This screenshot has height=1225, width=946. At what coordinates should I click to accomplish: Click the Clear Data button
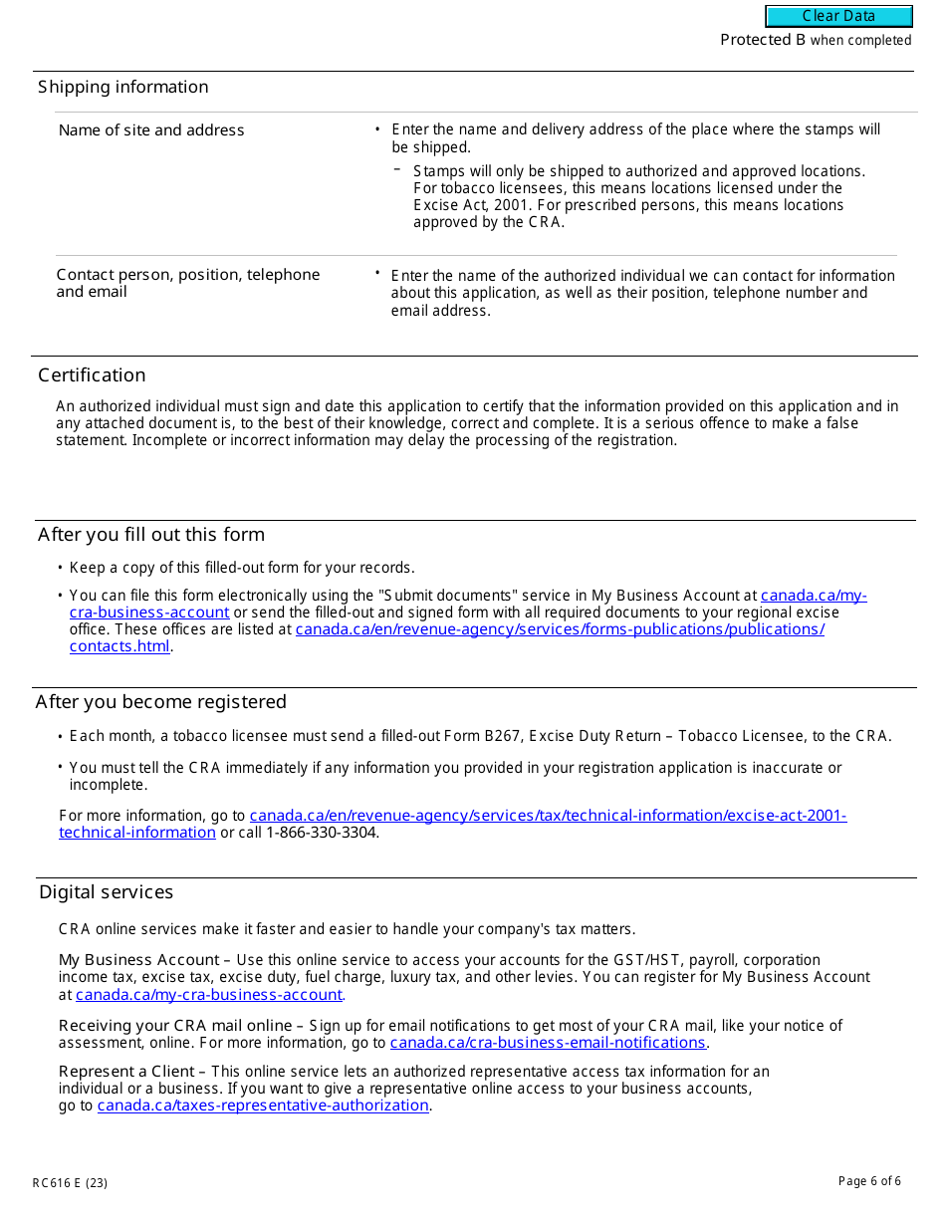point(838,16)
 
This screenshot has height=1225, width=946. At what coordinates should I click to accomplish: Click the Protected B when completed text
point(816,41)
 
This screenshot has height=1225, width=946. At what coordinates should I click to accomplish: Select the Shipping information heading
point(123,88)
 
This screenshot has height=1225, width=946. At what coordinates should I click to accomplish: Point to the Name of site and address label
point(151,130)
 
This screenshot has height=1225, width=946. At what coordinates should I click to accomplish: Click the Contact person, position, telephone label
point(188,275)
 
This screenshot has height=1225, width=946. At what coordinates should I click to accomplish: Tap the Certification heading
point(92,375)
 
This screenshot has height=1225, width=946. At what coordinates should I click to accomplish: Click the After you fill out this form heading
point(151,535)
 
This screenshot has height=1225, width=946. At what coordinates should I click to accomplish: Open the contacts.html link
point(119,646)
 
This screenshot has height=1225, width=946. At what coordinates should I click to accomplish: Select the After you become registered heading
point(161,702)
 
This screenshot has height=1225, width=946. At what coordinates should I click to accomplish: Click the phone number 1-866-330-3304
point(322,833)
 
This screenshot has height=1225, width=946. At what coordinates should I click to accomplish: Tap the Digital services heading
point(106,892)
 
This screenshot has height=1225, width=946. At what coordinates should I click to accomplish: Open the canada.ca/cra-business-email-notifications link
point(548,1043)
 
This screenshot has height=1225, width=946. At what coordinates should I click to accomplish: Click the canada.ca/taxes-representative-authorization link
point(263,1105)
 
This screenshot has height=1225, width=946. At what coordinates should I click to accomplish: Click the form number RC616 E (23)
point(70,1183)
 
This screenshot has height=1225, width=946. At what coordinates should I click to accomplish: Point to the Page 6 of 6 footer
point(869,1181)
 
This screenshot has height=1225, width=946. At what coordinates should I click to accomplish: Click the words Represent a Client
point(126,1072)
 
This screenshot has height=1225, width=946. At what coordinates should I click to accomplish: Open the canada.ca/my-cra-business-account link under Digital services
point(209,995)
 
